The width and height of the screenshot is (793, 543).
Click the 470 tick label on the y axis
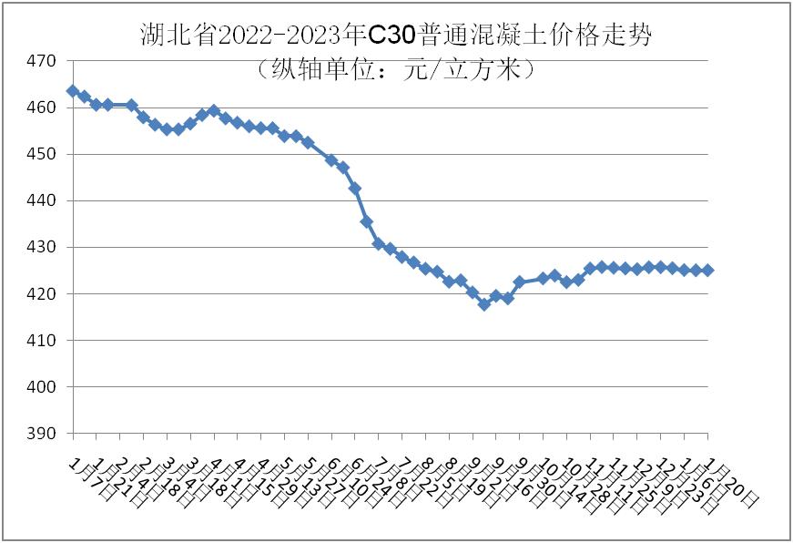pos(43,61)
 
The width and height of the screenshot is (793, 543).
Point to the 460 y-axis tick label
pos(43,108)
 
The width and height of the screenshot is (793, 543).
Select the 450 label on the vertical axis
pos(43,154)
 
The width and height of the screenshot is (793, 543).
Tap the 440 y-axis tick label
pos(43,200)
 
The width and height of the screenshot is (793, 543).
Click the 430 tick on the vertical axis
pos(43,247)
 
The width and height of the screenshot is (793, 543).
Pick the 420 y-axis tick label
pos(43,293)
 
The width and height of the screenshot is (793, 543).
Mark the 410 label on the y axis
pos(43,340)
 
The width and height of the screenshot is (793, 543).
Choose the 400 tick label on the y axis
pos(43,386)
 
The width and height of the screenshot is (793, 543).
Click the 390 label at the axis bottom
pos(43,434)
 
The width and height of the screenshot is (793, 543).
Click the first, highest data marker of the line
pos(72,91)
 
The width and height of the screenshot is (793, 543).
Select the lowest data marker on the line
pos(484,304)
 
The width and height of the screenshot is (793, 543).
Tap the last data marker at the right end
pos(707,270)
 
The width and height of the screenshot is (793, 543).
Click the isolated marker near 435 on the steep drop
pos(366,221)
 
